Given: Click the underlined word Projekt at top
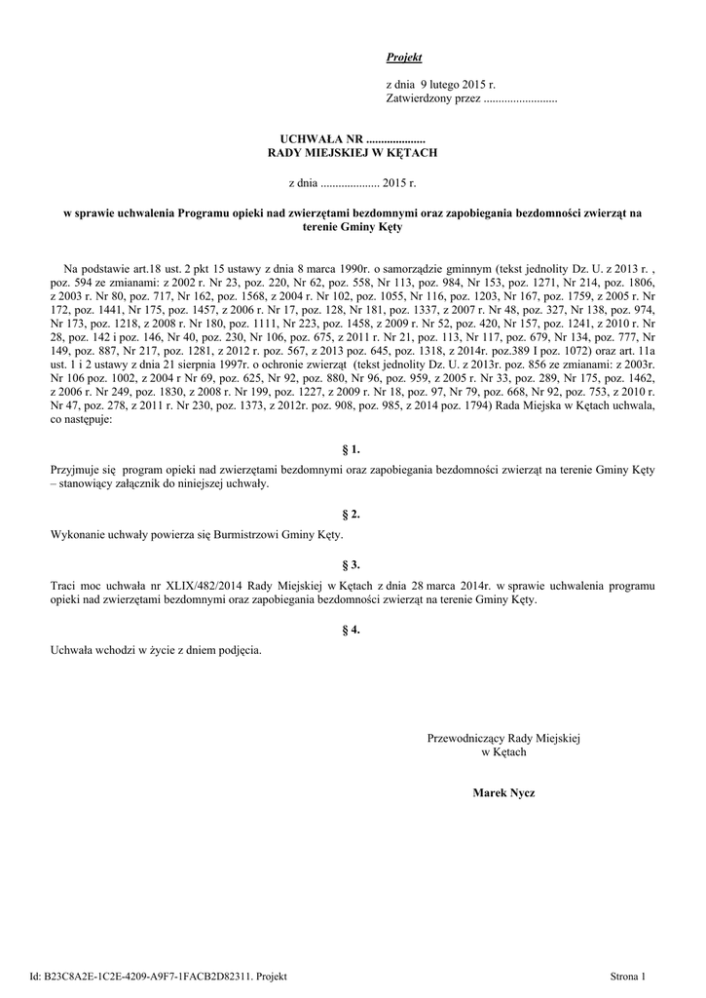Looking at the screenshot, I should tap(404, 58).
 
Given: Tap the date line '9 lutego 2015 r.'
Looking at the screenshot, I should tap(448, 86).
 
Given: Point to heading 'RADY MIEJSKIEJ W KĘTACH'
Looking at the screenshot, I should tap(353, 154).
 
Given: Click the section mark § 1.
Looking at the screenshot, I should tap(353, 449).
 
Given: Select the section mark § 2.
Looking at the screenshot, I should tap(353, 514).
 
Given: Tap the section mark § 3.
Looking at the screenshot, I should tap(353, 564).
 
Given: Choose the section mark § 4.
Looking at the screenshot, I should tap(353, 630).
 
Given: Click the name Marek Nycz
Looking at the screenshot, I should tap(503, 793).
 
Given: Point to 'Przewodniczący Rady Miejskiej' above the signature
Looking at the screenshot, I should tap(503, 739).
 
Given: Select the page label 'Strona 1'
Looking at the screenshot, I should tap(627, 977).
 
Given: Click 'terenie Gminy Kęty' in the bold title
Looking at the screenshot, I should tap(353, 226).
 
